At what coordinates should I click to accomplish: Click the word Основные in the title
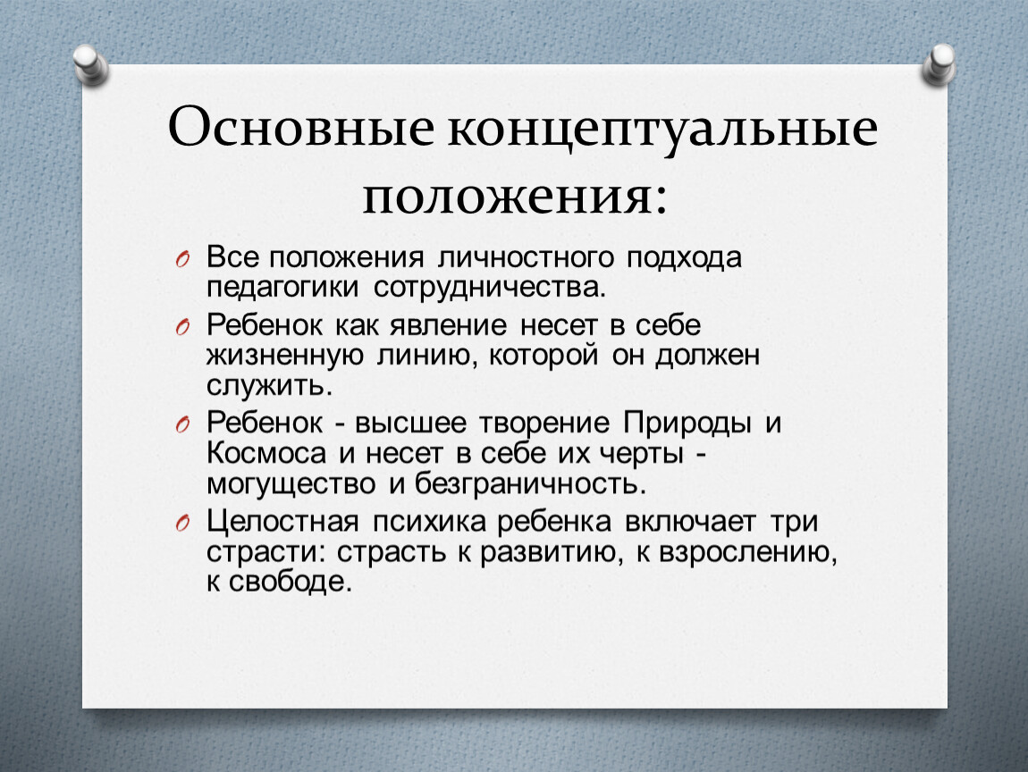click(301, 126)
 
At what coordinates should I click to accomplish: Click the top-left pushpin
click(90, 64)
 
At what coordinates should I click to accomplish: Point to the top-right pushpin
click(939, 64)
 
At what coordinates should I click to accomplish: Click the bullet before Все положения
click(182, 259)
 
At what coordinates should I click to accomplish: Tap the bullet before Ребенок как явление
click(182, 327)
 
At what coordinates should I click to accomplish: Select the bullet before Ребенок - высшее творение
click(182, 425)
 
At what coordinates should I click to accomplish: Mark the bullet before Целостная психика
click(182, 523)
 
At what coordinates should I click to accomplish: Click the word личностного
click(526, 257)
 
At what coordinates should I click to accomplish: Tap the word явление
click(449, 325)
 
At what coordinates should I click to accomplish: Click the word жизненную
click(284, 356)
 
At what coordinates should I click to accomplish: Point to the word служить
click(269, 385)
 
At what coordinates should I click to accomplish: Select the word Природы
click(687, 424)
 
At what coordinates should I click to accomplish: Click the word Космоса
click(266, 454)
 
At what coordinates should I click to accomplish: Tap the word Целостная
click(282, 522)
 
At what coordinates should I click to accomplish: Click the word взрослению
click(748, 553)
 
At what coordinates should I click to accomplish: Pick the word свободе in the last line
click(291, 582)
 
